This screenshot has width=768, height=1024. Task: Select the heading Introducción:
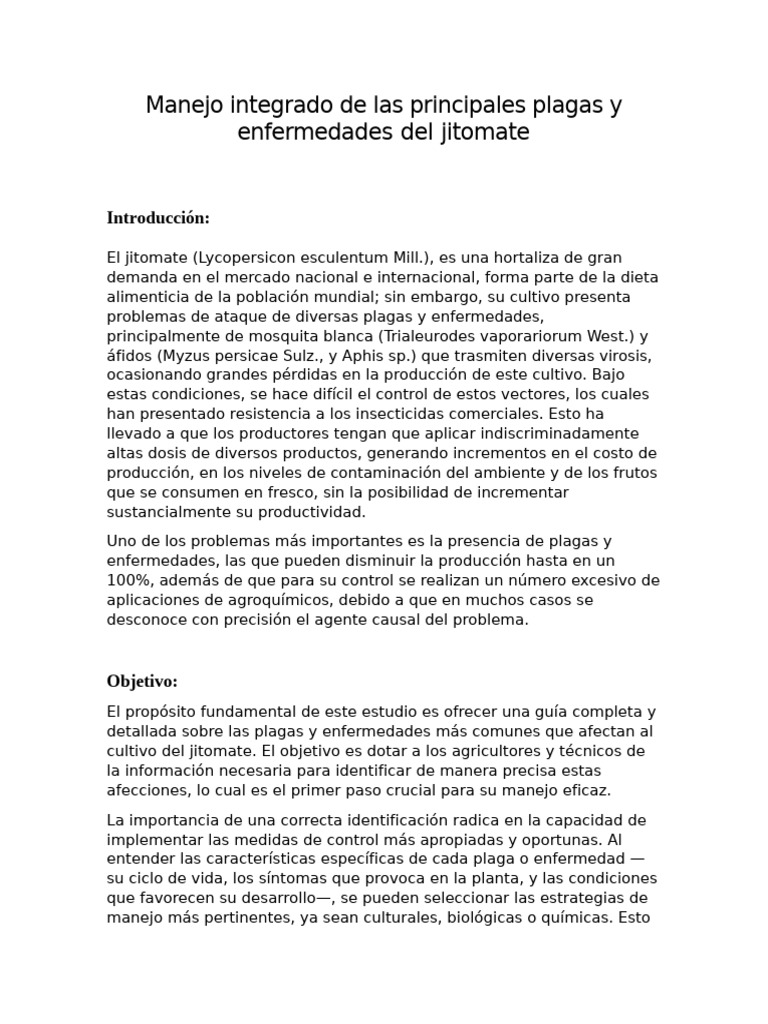coord(158,217)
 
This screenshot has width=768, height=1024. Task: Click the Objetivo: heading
coord(142,681)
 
